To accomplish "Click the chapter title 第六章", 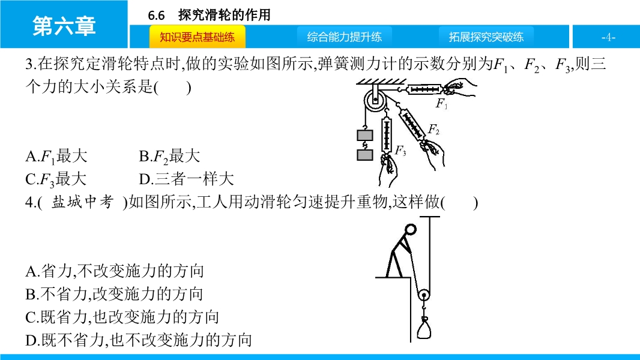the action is click(x=64, y=26).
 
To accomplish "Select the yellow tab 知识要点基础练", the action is click(x=197, y=37).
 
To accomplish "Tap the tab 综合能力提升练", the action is click(x=345, y=37).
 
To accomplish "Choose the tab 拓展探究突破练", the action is click(x=486, y=37).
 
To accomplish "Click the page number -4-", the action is click(x=608, y=37).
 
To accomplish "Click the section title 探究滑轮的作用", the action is click(x=225, y=15).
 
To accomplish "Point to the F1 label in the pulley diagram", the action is click(x=442, y=104).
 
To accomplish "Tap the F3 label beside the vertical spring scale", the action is click(x=400, y=151).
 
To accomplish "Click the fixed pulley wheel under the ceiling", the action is click(x=375, y=100).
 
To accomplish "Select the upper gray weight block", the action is click(x=364, y=135).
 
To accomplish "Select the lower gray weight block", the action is click(x=364, y=155).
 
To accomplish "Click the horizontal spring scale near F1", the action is click(x=424, y=89).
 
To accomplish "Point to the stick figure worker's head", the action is click(x=411, y=230).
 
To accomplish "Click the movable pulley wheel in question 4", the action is click(x=424, y=295).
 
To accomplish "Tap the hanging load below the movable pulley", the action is click(x=424, y=328).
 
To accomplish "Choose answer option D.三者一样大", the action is click(x=187, y=179).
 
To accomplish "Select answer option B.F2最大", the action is click(x=169, y=157).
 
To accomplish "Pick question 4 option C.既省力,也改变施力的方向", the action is click(x=122, y=317).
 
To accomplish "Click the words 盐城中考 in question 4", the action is click(x=82, y=202).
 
